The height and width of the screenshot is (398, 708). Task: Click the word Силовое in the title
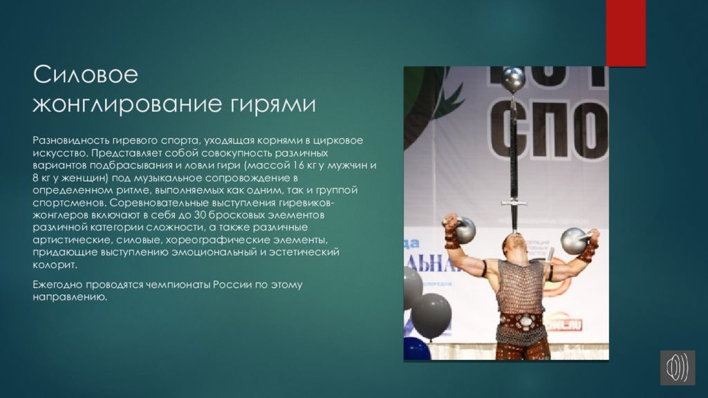click(x=85, y=74)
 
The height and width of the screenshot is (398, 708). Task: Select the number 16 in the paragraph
click(x=299, y=165)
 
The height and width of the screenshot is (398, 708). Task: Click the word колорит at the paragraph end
click(x=54, y=265)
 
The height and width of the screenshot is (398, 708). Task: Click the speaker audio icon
click(x=678, y=368)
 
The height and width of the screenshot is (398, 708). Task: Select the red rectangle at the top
click(x=626, y=33)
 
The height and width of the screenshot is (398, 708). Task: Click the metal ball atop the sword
click(x=514, y=79)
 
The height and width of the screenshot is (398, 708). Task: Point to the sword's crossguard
click(x=514, y=203)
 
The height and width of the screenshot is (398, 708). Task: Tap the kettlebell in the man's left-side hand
click(x=463, y=229)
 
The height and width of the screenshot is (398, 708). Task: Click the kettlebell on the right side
click(x=575, y=240)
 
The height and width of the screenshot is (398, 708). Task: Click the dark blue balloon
click(x=416, y=349)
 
